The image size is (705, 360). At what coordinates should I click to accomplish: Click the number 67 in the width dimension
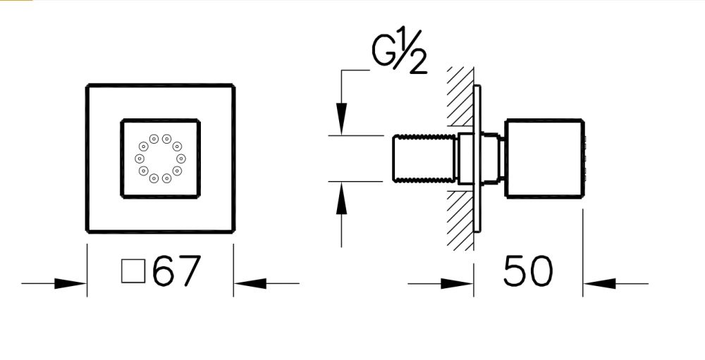177,271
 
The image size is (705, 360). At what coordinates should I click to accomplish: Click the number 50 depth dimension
528,271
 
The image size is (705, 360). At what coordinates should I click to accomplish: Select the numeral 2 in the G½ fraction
417,63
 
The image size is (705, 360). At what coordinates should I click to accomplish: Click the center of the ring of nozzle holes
160,158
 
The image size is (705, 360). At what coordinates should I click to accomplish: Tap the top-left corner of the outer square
87,86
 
